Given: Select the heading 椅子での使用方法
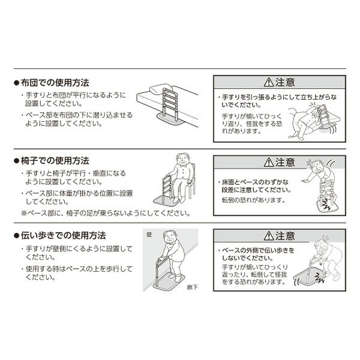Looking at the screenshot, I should click(x=55, y=161).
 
